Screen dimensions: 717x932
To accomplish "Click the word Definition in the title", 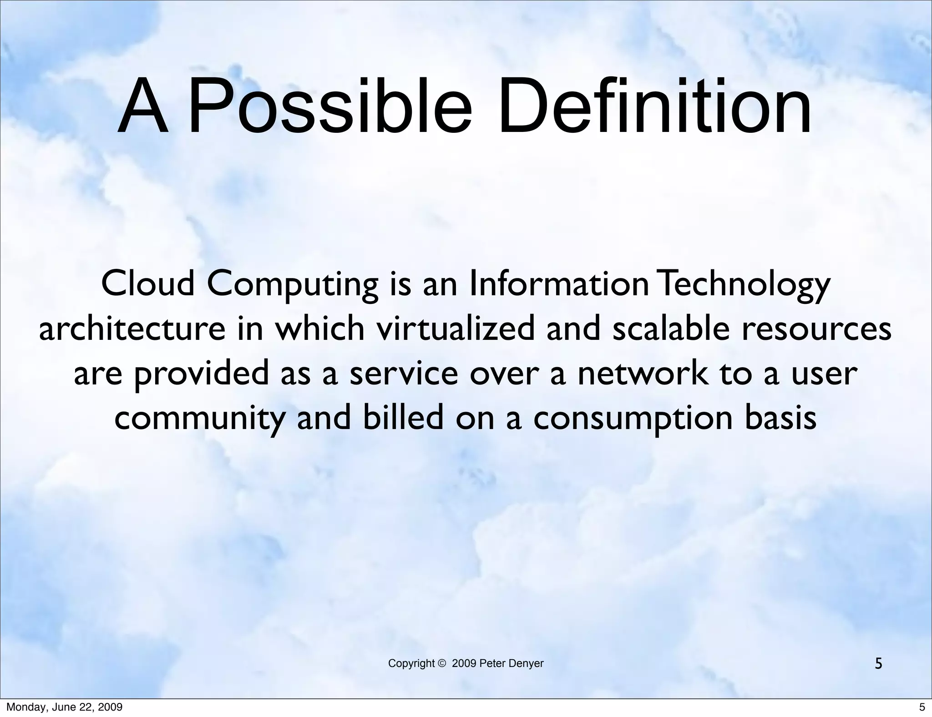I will click(x=654, y=107).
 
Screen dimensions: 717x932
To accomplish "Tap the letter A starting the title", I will click(x=142, y=107).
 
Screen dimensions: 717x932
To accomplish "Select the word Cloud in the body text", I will click(x=148, y=283).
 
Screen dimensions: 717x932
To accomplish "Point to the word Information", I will click(x=558, y=283).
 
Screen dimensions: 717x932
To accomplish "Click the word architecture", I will click(x=132, y=329).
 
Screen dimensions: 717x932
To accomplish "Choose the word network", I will click(x=643, y=374).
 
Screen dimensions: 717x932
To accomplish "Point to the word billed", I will click(x=403, y=417).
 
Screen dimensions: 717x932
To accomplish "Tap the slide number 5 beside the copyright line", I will click(x=878, y=664).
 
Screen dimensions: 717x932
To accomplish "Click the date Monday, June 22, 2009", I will click(x=64, y=707).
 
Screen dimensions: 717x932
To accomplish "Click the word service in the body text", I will click(x=403, y=374).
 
